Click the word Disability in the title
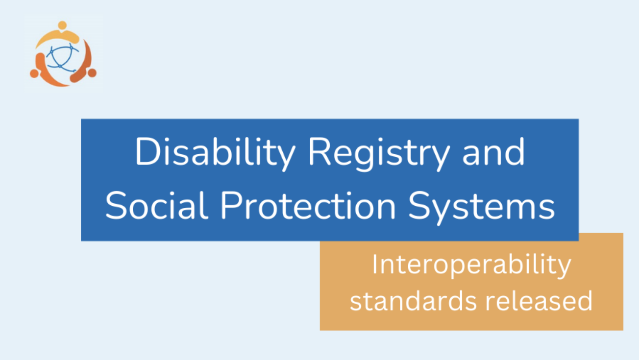pyautogui.click(x=215, y=152)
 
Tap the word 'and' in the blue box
pyautogui.click(x=493, y=152)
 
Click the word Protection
pyautogui.click(x=308, y=206)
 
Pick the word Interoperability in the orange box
pyautogui.click(x=471, y=265)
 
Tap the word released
pyautogui.click(x=539, y=301)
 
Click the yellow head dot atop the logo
pyautogui.click(x=63, y=25)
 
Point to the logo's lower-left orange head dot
pyautogui.click(x=34, y=74)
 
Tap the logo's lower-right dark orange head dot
pyautogui.click(x=92, y=73)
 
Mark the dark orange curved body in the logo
pyautogui.click(x=85, y=65)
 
